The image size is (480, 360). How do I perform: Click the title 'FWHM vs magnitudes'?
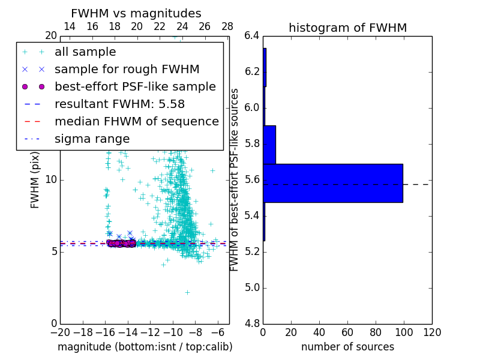click(x=136, y=13)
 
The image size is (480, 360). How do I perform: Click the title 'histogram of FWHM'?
click(x=347, y=28)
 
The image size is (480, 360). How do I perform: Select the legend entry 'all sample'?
click(x=85, y=52)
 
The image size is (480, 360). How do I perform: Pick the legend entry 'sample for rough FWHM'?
click(x=127, y=69)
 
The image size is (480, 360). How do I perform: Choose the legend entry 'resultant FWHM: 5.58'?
click(x=119, y=104)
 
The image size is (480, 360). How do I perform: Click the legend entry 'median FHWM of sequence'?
click(x=136, y=121)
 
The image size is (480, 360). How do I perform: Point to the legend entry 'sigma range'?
click(x=92, y=139)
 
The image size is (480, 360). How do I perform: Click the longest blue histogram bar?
click(x=332, y=183)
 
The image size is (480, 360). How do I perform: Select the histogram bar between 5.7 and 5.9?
click(x=269, y=145)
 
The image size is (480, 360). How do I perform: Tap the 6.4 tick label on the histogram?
click(x=252, y=36)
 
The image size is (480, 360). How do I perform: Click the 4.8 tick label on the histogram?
click(x=252, y=323)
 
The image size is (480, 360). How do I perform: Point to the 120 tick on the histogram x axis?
click(x=431, y=332)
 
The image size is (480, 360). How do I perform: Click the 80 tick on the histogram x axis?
click(x=376, y=332)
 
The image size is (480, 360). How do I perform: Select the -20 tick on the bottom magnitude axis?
click(x=60, y=332)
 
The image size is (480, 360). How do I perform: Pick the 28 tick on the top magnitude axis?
click(x=227, y=26)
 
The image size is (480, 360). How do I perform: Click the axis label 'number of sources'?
click(x=347, y=347)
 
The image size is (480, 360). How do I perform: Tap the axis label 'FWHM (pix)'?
click(x=35, y=179)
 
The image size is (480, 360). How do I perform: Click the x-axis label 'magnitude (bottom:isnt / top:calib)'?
click(x=145, y=347)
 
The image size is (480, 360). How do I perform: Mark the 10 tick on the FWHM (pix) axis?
click(x=52, y=180)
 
